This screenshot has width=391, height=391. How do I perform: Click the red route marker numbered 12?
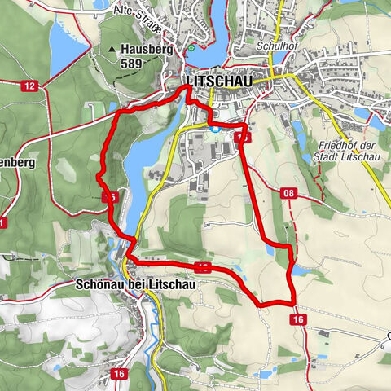pyautogui.click(x=29, y=86)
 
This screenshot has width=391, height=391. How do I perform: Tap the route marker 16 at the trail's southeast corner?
pyautogui.click(x=298, y=320)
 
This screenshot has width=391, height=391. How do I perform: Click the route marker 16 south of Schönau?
pyautogui.click(x=120, y=373)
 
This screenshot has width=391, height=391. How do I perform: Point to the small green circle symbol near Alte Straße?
pyautogui.click(x=191, y=47)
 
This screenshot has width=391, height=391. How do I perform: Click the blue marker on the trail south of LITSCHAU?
pyautogui.click(x=214, y=127)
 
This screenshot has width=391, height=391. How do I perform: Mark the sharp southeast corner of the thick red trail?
pyautogui.click(x=292, y=303)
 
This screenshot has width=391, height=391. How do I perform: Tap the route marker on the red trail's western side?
pyautogui.click(x=110, y=197)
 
